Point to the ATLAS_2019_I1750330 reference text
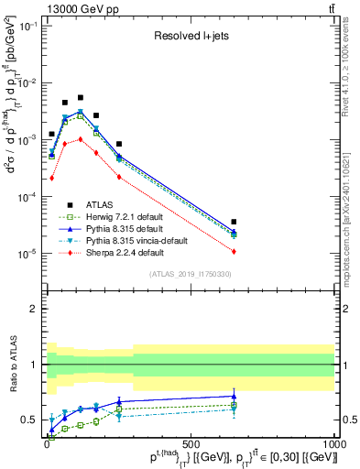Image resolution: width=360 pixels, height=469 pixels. click(x=190, y=273)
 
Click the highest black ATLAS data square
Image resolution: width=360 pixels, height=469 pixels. click(x=81, y=97)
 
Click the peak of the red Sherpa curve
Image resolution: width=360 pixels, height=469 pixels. click(x=81, y=139)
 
